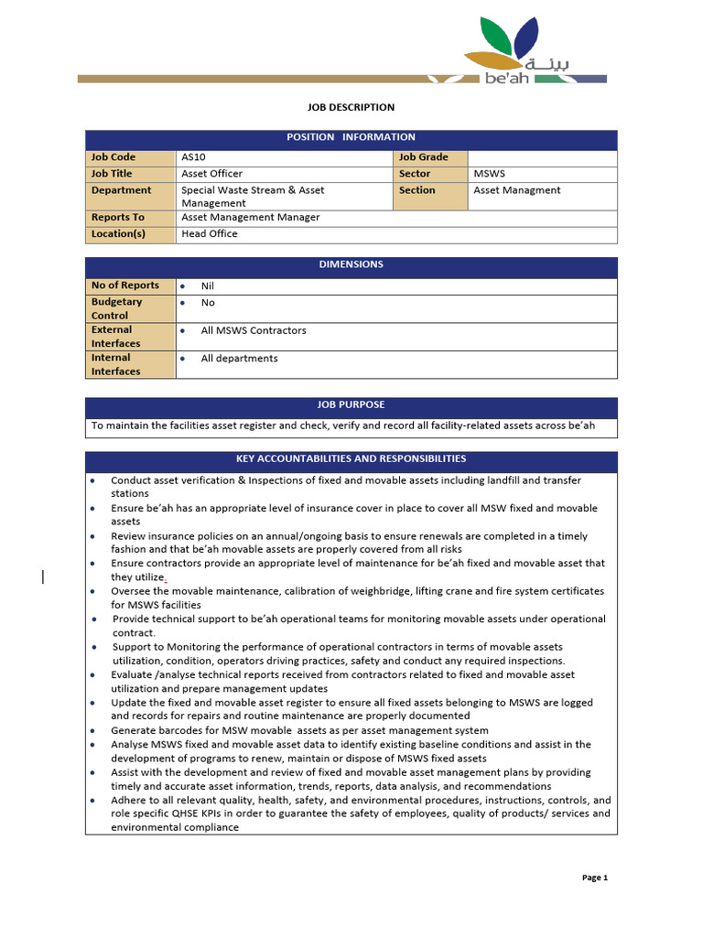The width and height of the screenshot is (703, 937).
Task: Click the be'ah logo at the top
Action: (534, 51)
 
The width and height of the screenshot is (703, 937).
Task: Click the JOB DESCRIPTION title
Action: (351, 107)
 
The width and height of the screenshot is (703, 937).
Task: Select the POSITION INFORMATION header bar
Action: (351, 137)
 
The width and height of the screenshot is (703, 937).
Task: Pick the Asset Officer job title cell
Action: (212, 174)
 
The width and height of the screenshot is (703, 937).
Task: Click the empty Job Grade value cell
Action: (542, 157)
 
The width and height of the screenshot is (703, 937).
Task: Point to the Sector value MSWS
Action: (490, 174)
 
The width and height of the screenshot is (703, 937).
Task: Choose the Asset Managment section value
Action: (517, 190)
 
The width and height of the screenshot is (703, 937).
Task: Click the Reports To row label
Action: (118, 218)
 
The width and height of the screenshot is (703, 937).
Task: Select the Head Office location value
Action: (210, 234)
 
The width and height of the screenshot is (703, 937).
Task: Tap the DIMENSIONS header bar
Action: (351, 264)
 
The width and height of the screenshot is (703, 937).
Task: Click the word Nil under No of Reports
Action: (208, 286)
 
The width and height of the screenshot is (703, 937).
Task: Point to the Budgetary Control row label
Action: (117, 308)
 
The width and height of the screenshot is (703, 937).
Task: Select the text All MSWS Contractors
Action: (254, 330)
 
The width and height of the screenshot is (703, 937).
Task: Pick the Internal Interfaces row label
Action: (117, 364)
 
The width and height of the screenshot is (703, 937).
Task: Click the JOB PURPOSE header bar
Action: (351, 404)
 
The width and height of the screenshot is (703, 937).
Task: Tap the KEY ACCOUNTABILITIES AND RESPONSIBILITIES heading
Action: (351, 459)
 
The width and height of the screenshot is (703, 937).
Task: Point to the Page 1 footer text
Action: (595, 878)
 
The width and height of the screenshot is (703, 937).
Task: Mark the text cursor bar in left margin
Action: (43, 576)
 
